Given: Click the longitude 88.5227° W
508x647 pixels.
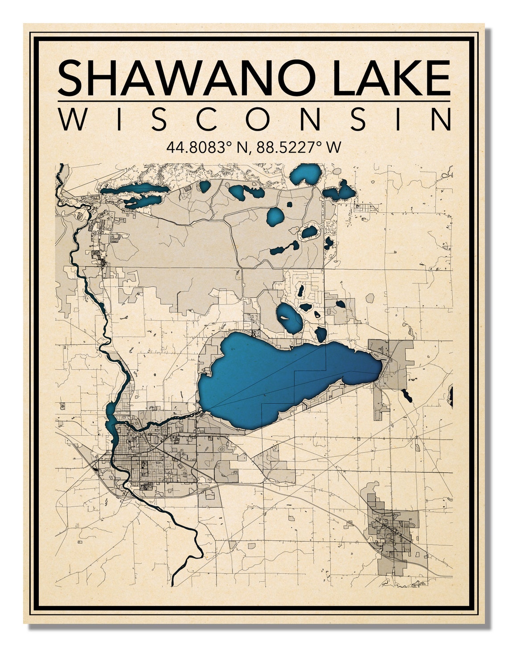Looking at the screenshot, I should click(299, 147).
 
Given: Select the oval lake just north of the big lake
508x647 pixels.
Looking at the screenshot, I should click(289, 317).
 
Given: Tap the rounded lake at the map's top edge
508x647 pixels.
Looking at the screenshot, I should click(306, 173).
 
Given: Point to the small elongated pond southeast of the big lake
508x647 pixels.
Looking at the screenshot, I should click(406, 395).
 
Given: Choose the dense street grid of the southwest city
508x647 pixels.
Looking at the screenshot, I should click(147, 455).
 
